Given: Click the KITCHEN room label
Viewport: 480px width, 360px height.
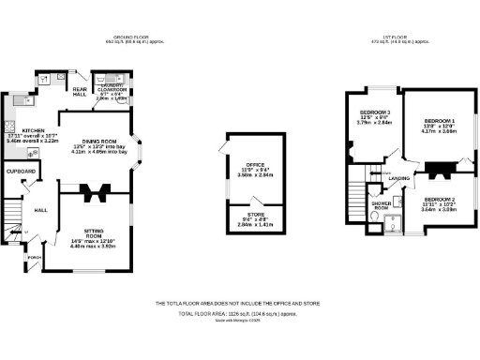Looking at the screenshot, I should (21, 130).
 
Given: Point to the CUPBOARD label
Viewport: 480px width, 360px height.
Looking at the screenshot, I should (22, 172).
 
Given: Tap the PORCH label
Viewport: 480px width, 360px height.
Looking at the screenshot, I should (36, 256).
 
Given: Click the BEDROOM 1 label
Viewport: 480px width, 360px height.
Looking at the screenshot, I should (439, 122).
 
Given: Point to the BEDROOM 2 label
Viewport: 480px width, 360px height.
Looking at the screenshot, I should (438, 200).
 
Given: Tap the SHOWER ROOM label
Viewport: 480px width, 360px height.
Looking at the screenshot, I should (381, 205).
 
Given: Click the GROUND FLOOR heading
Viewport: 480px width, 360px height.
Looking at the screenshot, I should (127, 37).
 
